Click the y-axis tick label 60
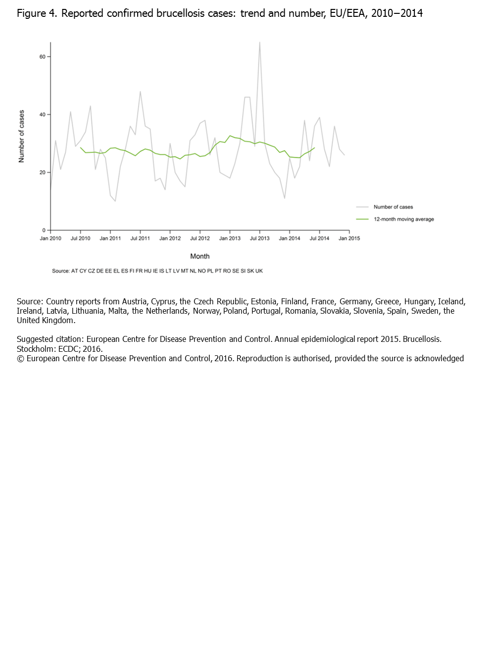coord(43,57)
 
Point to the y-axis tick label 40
coord(43,115)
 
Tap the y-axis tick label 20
coord(43,173)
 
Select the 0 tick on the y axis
coord(44,231)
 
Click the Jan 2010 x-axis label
coord(50,238)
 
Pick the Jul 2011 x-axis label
coord(140,238)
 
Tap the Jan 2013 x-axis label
coord(230,238)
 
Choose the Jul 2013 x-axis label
coord(260,238)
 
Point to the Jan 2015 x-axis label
coord(349,238)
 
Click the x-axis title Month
coord(200,256)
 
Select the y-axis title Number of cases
coord(21,136)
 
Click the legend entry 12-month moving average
coord(403,219)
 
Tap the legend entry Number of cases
coord(393,207)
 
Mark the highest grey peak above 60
coord(260,43)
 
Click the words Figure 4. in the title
coord(37,13)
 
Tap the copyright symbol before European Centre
coord(20,359)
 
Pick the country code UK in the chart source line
coord(259,271)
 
